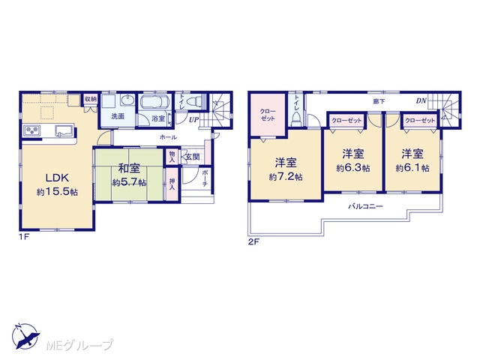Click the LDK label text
click(57, 178)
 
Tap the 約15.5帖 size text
click(57, 192)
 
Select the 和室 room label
click(129, 168)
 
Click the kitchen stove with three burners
click(31, 130)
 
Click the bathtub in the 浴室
click(155, 102)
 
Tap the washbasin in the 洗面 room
click(127, 100)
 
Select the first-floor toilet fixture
click(194, 100)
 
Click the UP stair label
click(193, 120)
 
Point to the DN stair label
click(421, 100)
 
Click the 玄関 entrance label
click(193, 157)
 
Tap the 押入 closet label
click(172, 183)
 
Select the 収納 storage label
click(91, 99)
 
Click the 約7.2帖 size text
click(286, 177)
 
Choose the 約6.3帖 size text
click(353, 168)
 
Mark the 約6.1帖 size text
click(412, 168)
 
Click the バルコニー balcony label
click(365, 206)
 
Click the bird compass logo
click(25, 336)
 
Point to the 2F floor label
click(253, 242)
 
